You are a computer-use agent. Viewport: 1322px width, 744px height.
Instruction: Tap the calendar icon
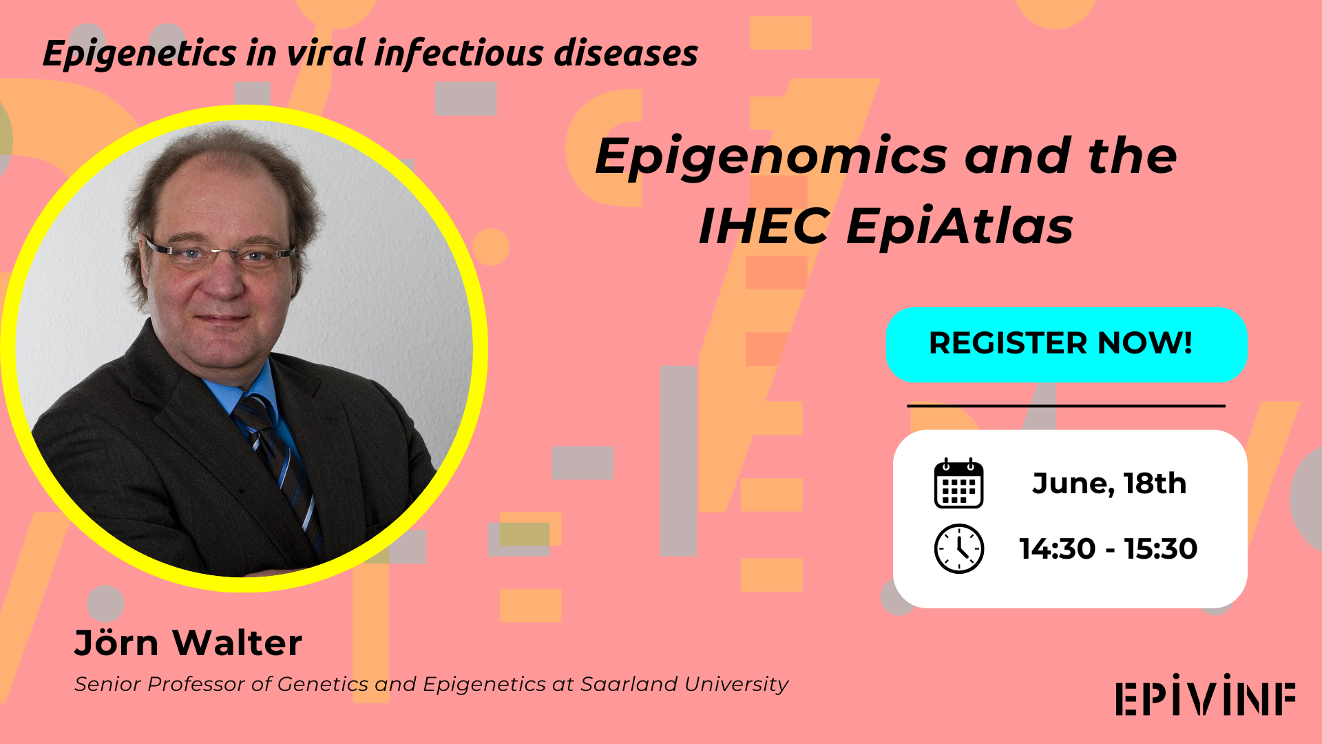(x=958, y=484)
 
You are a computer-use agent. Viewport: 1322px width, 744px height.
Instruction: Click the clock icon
(x=958, y=549)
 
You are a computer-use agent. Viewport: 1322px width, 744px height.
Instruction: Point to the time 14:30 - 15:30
(x=1108, y=549)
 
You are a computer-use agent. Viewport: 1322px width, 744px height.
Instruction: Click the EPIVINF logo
(x=1206, y=696)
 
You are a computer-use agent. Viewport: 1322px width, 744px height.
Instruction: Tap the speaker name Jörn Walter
(x=188, y=643)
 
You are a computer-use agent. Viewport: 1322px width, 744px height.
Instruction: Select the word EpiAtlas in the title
(x=959, y=227)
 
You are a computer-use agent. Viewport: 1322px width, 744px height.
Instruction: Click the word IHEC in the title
(x=764, y=227)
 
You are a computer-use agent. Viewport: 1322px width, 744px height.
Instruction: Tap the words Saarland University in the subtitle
(x=684, y=684)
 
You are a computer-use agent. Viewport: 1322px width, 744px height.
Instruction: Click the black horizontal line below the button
(x=1066, y=406)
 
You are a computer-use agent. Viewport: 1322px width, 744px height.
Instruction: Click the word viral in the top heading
(x=325, y=54)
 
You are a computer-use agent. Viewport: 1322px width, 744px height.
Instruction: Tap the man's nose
(x=224, y=279)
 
